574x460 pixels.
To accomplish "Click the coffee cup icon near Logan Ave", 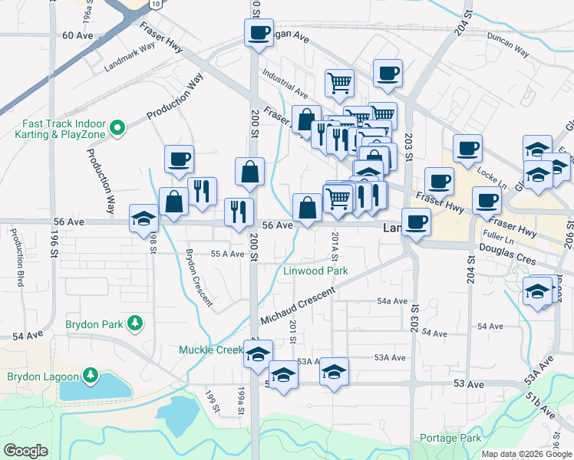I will click(259, 33).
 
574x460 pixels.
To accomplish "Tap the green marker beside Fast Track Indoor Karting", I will click(117, 127).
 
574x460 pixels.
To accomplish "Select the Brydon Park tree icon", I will click(135, 324).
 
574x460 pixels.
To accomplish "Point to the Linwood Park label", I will click(315, 271).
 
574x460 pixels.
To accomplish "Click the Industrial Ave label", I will click(284, 84).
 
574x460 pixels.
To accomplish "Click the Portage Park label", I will click(450, 438).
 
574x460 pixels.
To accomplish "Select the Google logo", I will click(25, 451).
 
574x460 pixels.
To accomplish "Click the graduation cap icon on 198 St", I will click(143, 219).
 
